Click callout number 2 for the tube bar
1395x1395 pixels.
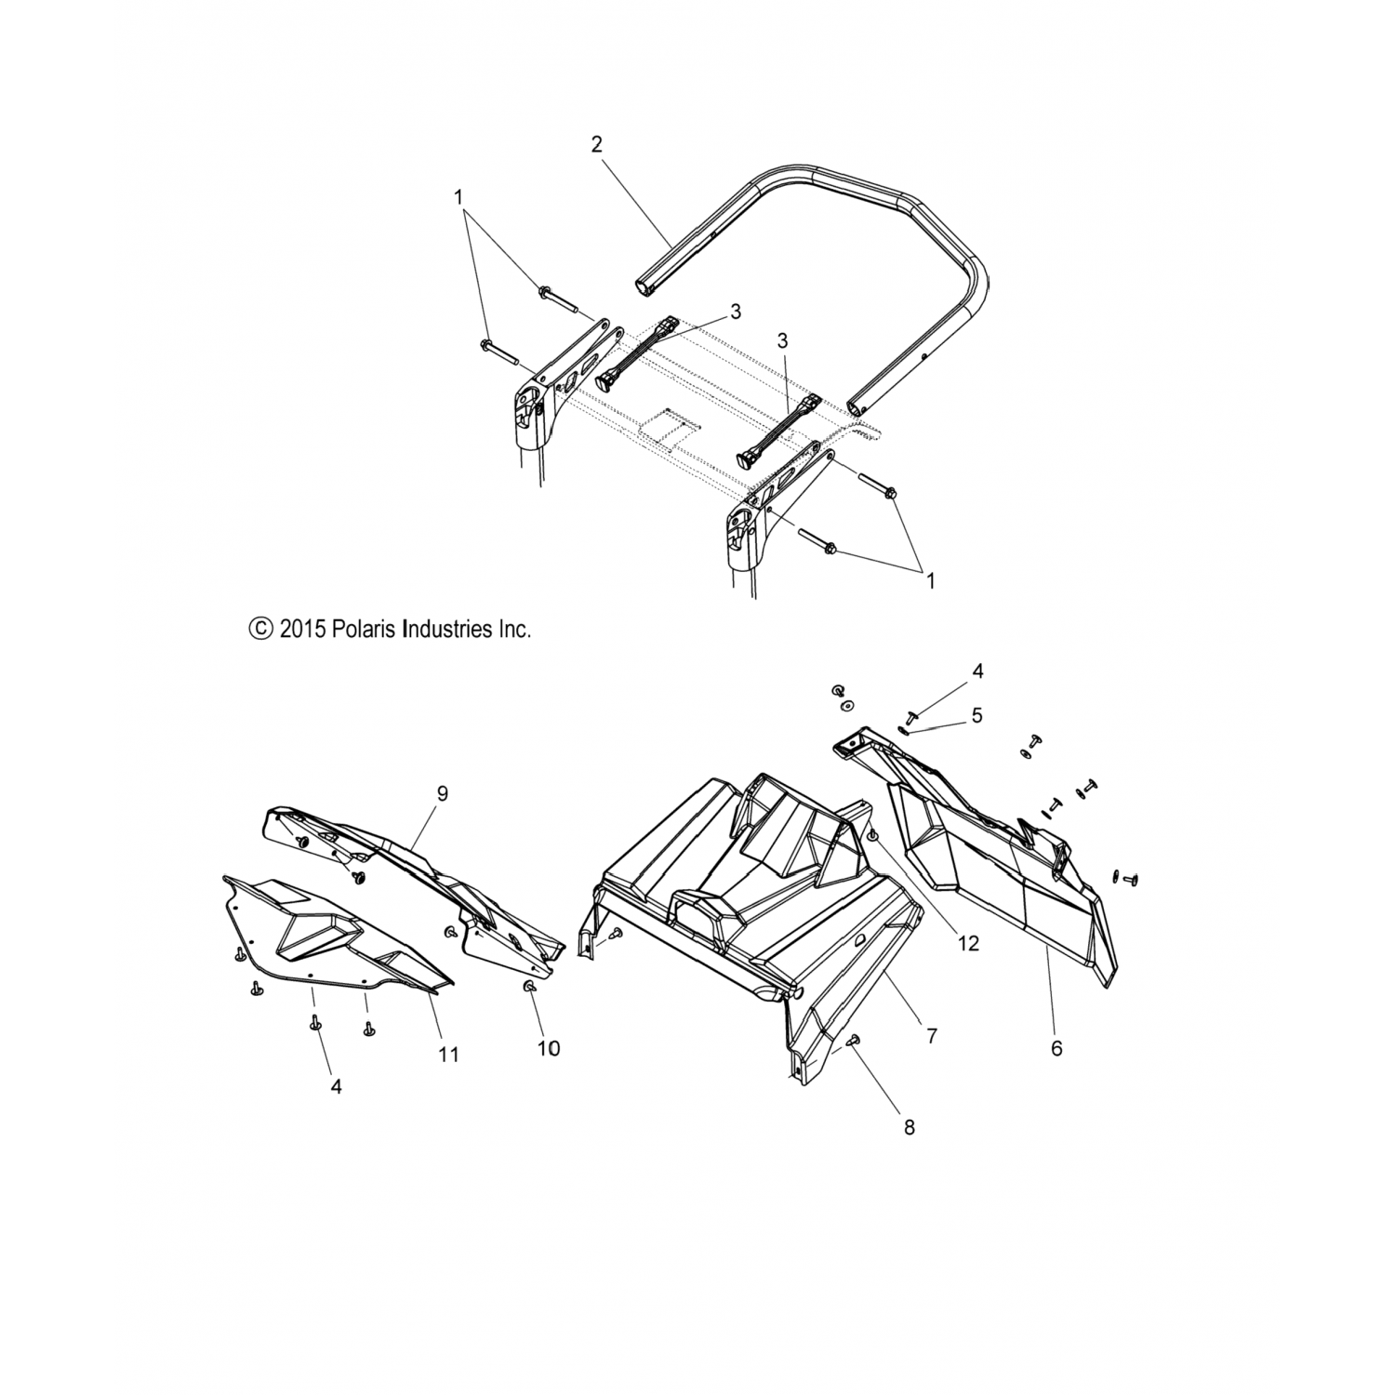click(x=596, y=144)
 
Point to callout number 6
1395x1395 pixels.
click(x=1056, y=1048)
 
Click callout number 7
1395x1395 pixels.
click(x=931, y=1035)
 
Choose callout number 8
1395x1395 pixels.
click(x=909, y=1126)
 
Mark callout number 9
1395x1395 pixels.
click(x=442, y=793)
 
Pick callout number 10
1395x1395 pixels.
click(x=549, y=1048)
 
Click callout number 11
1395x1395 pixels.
click(x=449, y=1055)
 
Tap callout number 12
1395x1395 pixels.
click(x=968, y=943)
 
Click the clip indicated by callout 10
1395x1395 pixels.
click(x=530, y=987)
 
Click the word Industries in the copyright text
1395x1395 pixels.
click(x=447, y=630)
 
